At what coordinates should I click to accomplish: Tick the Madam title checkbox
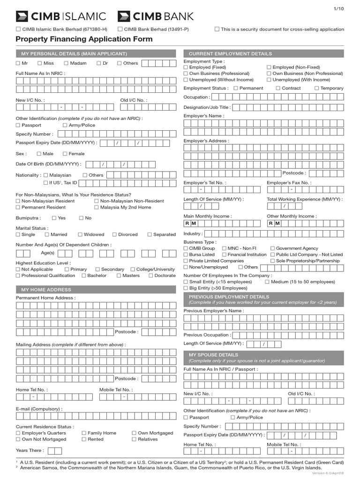(x=67, y=63)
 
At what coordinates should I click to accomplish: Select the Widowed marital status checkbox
(x=80, y=234)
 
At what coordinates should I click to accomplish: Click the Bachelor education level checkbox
(x=83, y=276)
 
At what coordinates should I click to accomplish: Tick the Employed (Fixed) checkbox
(x=186, y=67)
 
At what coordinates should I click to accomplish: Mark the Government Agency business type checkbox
(x=272, y=248)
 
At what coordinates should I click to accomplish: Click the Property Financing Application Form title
(x=84, y=39)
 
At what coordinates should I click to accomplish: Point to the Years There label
(x=30, y=450)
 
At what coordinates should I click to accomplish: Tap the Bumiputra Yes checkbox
(x=54, y=218)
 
